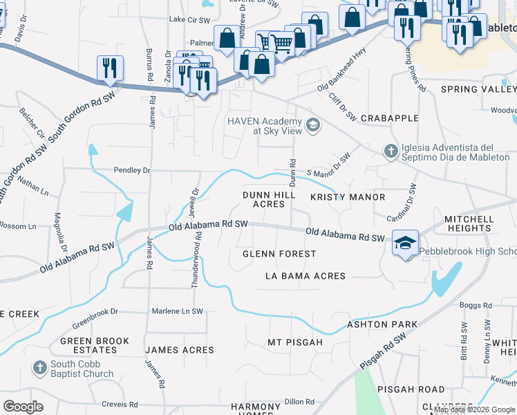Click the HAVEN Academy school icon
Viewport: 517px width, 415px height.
point(313,125)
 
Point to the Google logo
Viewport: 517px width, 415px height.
point(23,406)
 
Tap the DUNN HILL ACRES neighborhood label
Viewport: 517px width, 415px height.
point(264,200)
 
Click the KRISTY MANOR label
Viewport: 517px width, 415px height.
point(348,197)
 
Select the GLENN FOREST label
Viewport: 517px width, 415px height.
point(279,254)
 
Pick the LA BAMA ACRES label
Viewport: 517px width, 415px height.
point(305,276)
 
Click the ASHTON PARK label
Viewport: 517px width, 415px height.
point(382,324)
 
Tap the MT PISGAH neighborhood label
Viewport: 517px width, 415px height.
point(295,342)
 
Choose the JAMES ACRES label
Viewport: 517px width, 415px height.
point(180,350)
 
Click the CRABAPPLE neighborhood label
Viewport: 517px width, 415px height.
point(390,118)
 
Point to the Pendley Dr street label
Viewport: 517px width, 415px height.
point(132,169)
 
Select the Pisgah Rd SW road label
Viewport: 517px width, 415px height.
point(382,353)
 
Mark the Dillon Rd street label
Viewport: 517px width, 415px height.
point(299,401)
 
